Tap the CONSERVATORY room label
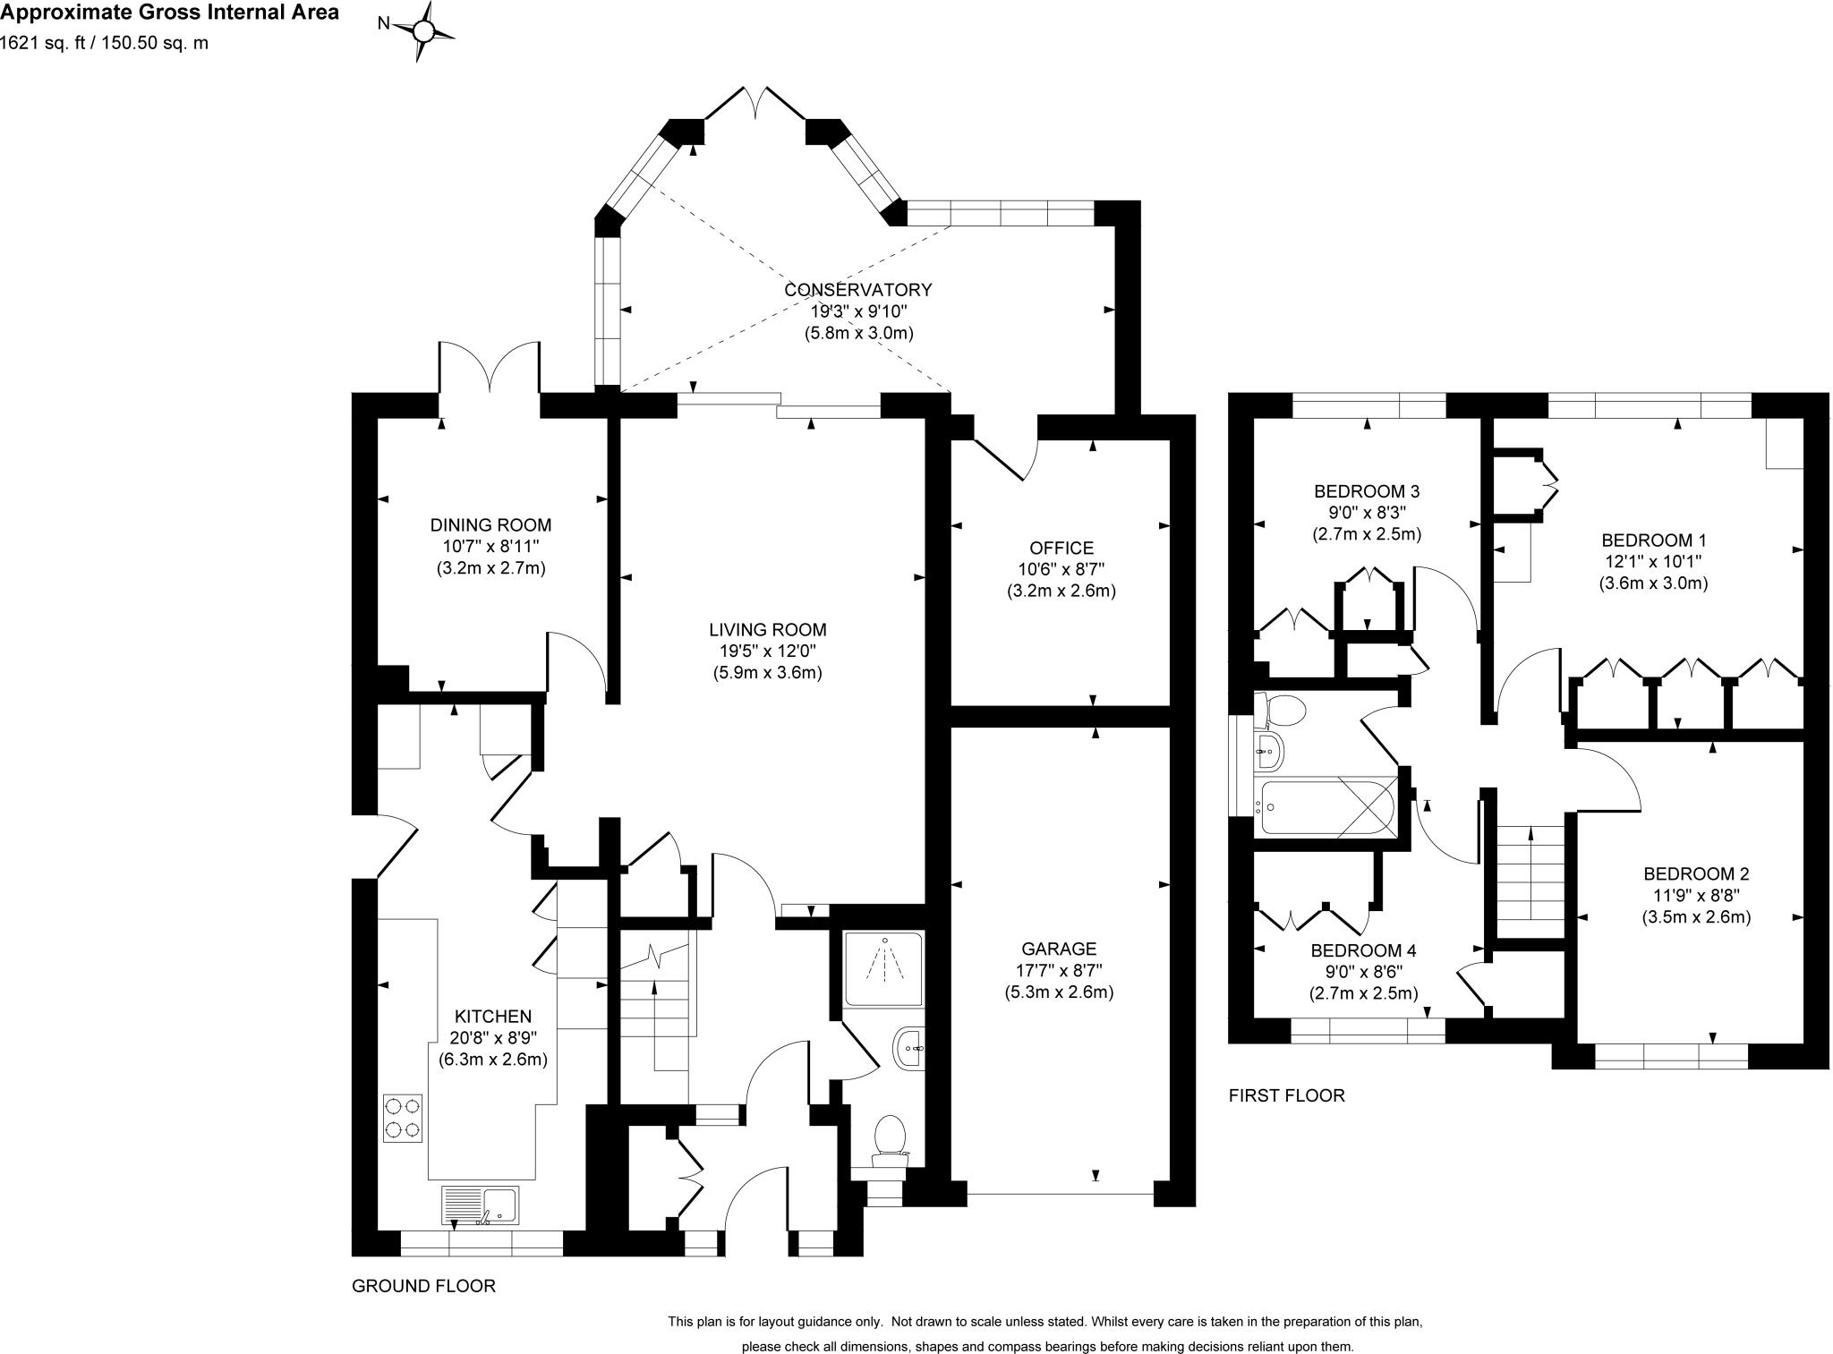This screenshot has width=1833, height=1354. click(857, 290)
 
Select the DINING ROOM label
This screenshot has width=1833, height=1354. click(490, 525)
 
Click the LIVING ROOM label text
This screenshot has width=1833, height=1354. click(767, 630)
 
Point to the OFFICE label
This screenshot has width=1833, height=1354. click(1061, 549)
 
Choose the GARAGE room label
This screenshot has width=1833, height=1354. click(1059, 949)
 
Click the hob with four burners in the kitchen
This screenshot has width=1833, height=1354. click(403, 1119)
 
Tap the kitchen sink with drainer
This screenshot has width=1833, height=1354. click(480, 1205)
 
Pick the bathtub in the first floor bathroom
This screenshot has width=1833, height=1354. click(1326, 806)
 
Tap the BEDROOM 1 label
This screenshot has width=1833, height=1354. click(1654, 541)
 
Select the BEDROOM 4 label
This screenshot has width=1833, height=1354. click(1363, 950)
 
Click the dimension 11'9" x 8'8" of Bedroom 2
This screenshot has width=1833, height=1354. click(1696, 895)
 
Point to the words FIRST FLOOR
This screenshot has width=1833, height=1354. click(1286, 1095)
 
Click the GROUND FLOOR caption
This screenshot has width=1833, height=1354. click(423, 1286)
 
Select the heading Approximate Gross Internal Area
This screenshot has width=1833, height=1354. click(169, 13)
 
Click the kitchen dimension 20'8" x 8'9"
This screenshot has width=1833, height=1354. click(493, 1038)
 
